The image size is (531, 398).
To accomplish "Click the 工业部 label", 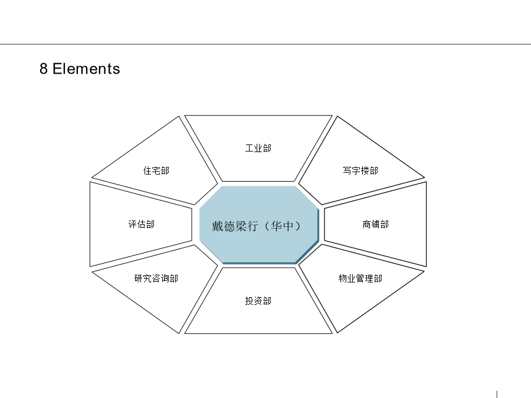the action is point(258,148).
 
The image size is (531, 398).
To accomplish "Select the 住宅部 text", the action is point(156,170).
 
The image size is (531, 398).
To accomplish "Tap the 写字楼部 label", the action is point(360,170).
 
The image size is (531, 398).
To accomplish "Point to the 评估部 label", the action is point(141,224).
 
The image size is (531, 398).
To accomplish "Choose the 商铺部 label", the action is point(376,224).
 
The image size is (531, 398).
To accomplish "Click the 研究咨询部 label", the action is point(156,278).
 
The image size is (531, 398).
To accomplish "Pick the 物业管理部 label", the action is point(360,278).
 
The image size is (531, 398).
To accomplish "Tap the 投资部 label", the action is point(258,301).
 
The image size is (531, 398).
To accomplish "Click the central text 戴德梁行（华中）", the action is point(257,226).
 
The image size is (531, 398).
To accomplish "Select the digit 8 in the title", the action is point(43,68).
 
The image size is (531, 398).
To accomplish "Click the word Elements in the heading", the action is point(86,68).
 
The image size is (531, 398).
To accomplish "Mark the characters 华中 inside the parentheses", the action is point(282,226).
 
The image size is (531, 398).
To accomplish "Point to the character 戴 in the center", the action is point(218,226).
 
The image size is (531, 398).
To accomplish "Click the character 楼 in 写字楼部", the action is point(365,170).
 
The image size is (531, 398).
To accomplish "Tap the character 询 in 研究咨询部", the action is point(165,278).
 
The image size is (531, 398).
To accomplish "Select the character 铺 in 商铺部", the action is point(376,224).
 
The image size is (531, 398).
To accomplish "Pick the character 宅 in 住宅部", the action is point(156,170).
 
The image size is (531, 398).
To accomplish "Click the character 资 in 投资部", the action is point(258,301).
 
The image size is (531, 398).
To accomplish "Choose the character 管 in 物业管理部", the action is point(360,278).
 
